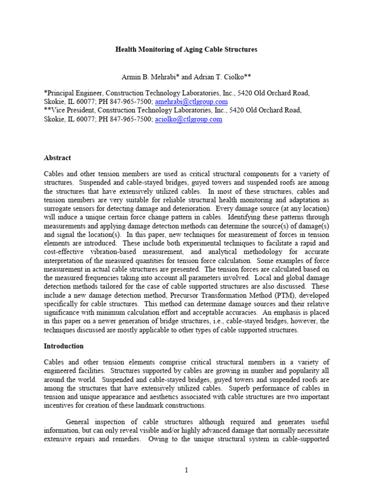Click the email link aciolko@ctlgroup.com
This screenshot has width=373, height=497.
coord(188,119)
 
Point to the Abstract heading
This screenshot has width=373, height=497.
coord(57,158)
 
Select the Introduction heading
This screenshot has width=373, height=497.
coord(64,346)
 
